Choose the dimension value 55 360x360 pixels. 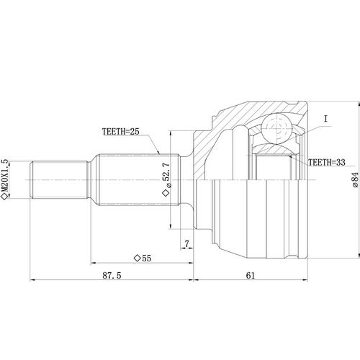coord(146,256)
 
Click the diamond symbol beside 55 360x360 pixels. coord(136,256)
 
